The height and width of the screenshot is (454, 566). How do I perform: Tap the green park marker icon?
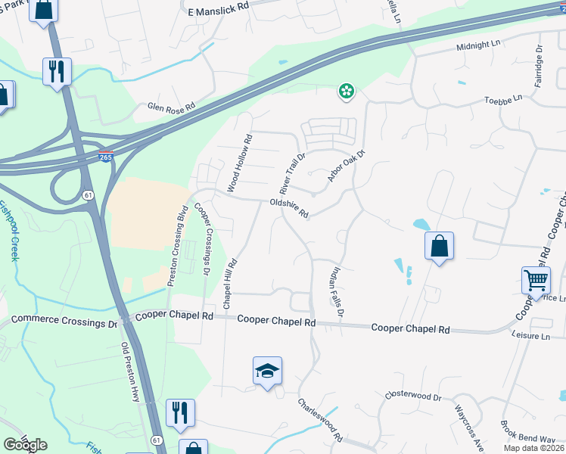click(x=346, y=92)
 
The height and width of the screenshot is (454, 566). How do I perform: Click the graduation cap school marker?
click(x=267, y=371)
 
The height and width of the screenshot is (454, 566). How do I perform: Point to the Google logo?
click(x=25, y=445)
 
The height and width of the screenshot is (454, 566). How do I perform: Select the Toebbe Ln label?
click(x=503, y=99)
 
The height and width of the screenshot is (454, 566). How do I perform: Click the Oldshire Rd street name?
click(x=289, y=208)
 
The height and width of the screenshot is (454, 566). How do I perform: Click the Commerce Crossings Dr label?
click(x=64, y=321)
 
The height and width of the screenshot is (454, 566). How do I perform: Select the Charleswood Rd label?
click(x=321, y=421)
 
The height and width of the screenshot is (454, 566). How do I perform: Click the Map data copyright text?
click(x=533, y=447)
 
